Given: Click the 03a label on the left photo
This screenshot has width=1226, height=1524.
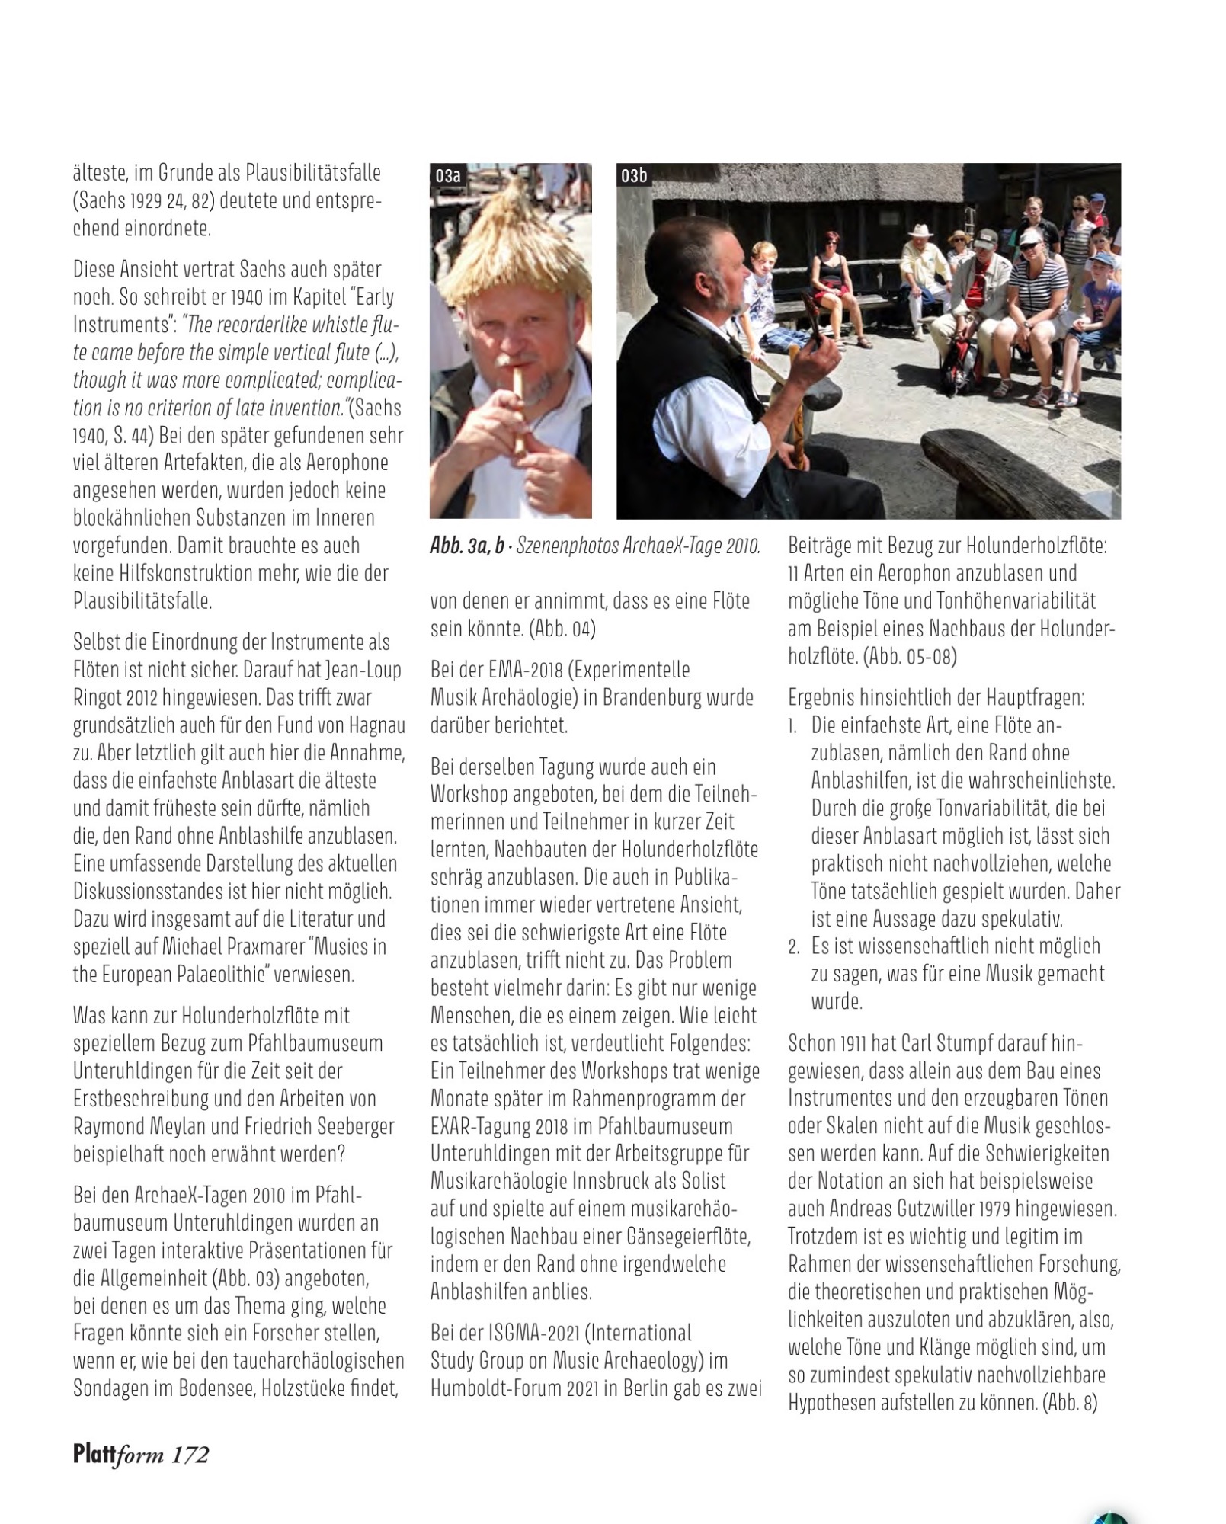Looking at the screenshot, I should coord(448,176).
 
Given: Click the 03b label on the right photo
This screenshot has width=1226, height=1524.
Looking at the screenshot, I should coord(634,176).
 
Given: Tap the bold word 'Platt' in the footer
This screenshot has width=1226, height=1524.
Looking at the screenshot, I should coord(93,1454).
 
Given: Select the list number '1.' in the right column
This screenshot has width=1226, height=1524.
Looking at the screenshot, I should coord(793,725).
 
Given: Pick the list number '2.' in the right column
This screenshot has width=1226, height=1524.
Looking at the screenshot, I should coord(794,947).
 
